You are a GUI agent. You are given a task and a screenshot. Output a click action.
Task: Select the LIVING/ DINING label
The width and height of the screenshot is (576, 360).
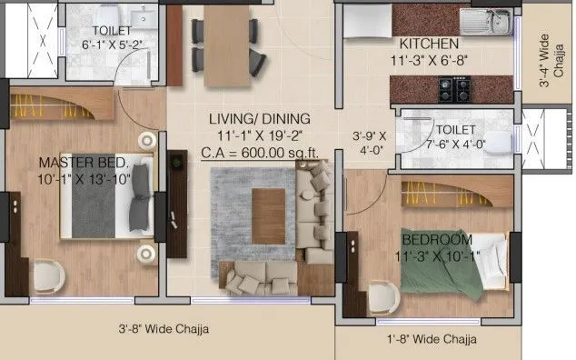pos(259,119)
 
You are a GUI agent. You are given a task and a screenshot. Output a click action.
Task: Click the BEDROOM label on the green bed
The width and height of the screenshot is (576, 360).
pos(437,239)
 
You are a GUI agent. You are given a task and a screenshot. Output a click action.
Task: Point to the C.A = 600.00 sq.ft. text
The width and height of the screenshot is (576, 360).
pos(259,152)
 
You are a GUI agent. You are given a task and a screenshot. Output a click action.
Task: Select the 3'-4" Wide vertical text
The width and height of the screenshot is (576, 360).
pos(544,60)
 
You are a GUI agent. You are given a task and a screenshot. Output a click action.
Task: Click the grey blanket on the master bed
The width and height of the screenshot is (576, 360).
pos(94,207)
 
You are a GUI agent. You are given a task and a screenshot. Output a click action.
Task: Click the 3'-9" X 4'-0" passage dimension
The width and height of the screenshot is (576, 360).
pos(370,145)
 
